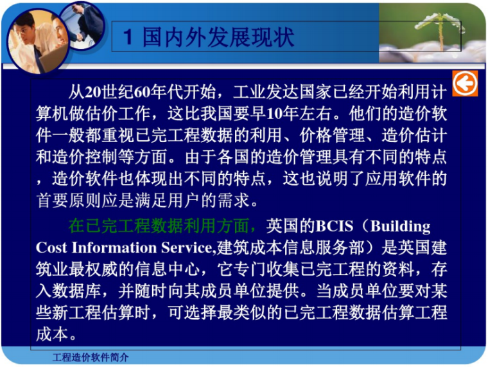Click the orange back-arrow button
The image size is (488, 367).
click(x=464, y=84)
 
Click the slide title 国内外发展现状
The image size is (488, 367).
click(x=218, y=37)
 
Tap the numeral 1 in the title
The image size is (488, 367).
click(x=128, y=37)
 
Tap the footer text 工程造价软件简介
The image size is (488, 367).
click(x=91, y=357)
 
